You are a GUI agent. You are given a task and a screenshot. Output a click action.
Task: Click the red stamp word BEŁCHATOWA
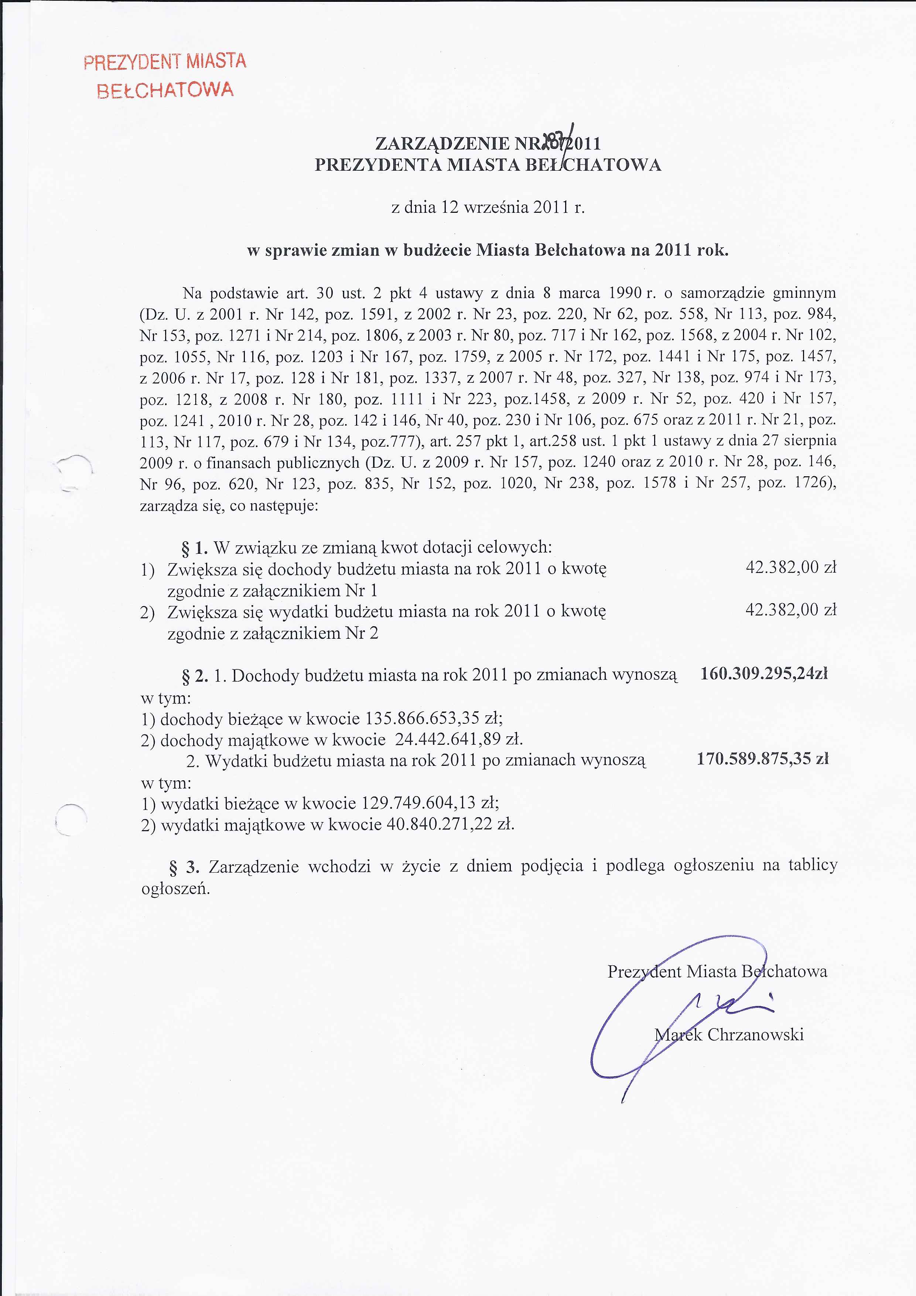165,90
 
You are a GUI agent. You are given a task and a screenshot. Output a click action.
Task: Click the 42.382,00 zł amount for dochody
790,567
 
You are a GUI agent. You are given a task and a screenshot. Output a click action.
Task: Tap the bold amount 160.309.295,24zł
763,673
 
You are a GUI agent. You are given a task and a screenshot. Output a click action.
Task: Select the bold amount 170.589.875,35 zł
762,758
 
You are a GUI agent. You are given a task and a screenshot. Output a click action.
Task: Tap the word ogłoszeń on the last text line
175,889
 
